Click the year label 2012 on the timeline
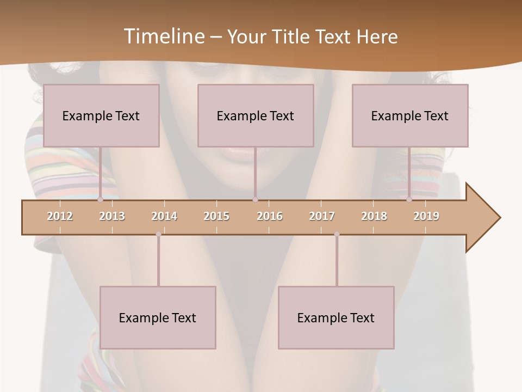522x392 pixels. click(60, 216)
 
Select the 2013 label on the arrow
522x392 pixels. click(112, 216)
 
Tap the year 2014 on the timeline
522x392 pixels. click(164, 216)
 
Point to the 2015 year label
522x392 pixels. click(216, 216)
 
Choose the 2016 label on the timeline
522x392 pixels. click(269, 216)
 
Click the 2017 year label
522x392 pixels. click(322, 216)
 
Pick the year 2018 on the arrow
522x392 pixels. click(374, 216)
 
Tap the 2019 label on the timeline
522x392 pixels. click(426, 216)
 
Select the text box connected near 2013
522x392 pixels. click(101, 115)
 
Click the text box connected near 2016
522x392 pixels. click(256, 115)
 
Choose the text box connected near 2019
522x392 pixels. click(410, 115)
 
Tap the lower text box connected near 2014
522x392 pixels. click(158, 317)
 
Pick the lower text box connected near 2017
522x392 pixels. click(336, 317)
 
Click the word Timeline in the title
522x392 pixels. click(163, 36)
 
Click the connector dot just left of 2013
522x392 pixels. click(100, 200)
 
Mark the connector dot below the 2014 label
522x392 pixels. click(158, 234)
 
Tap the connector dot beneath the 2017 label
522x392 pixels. click(337, 234)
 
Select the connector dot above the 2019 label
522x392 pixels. click(409, 200)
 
